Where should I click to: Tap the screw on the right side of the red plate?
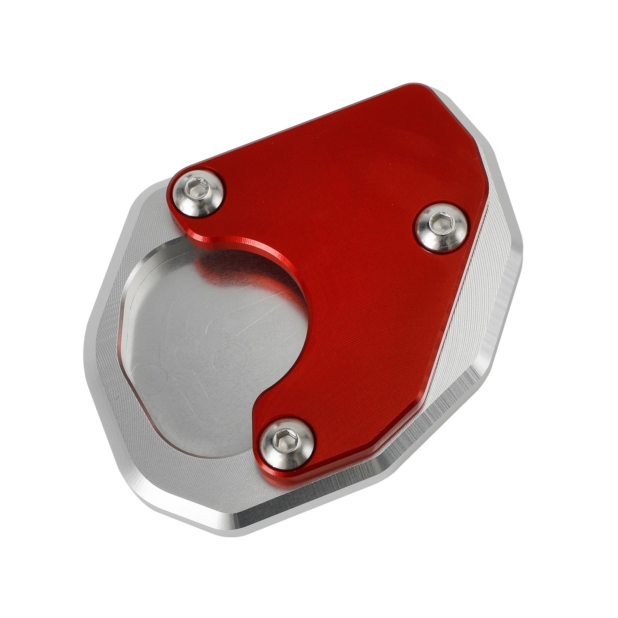pyautogui.click(x=441, y=227)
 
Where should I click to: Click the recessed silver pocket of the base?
pyautogui.click(x=209, y=348)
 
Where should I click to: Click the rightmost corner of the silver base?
pyautogui.click(x=521, y=247)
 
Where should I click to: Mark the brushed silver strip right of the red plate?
pyautogui.click(x=475, y=309)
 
